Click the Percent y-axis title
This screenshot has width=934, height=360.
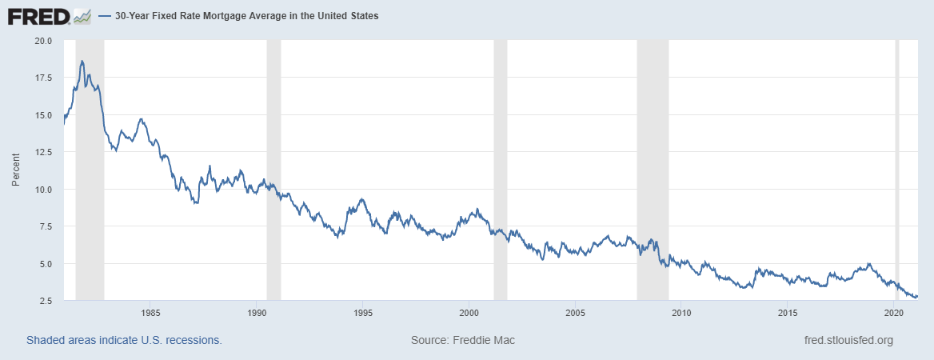point(16,170)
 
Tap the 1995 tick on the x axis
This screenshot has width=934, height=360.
point(363,312)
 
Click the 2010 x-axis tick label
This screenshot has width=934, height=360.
point(681,312)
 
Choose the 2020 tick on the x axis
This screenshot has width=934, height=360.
point(894,312)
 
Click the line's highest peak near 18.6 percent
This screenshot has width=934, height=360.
point(82,61)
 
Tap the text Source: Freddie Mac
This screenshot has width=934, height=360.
point(463,340)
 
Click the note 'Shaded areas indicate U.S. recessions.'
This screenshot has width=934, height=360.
point(124,340)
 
